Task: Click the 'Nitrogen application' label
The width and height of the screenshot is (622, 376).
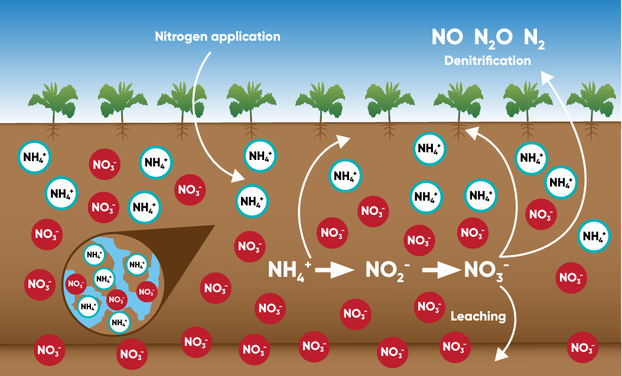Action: click(217, 37)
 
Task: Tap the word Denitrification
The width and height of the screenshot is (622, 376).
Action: click(487, 61)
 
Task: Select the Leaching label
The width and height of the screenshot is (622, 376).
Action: click(478, 316)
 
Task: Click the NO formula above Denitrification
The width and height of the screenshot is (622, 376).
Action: click(447, 37)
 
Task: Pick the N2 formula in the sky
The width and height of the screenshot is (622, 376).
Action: click(534, 38)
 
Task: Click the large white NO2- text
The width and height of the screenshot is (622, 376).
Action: click(387, 270)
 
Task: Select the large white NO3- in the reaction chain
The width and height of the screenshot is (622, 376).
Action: click(486, 270)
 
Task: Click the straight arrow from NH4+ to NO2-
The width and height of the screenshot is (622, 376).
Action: click(334, 270)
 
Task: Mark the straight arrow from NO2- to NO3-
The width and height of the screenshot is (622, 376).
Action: click(441, 270)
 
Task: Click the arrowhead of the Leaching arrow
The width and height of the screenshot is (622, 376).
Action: click(501, 354)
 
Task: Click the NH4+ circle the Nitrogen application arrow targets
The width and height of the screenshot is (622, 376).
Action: click(252, 201)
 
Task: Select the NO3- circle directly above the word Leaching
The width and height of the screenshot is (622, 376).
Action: click(429, 308)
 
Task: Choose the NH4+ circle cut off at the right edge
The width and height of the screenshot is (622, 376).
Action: click(594, 236)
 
